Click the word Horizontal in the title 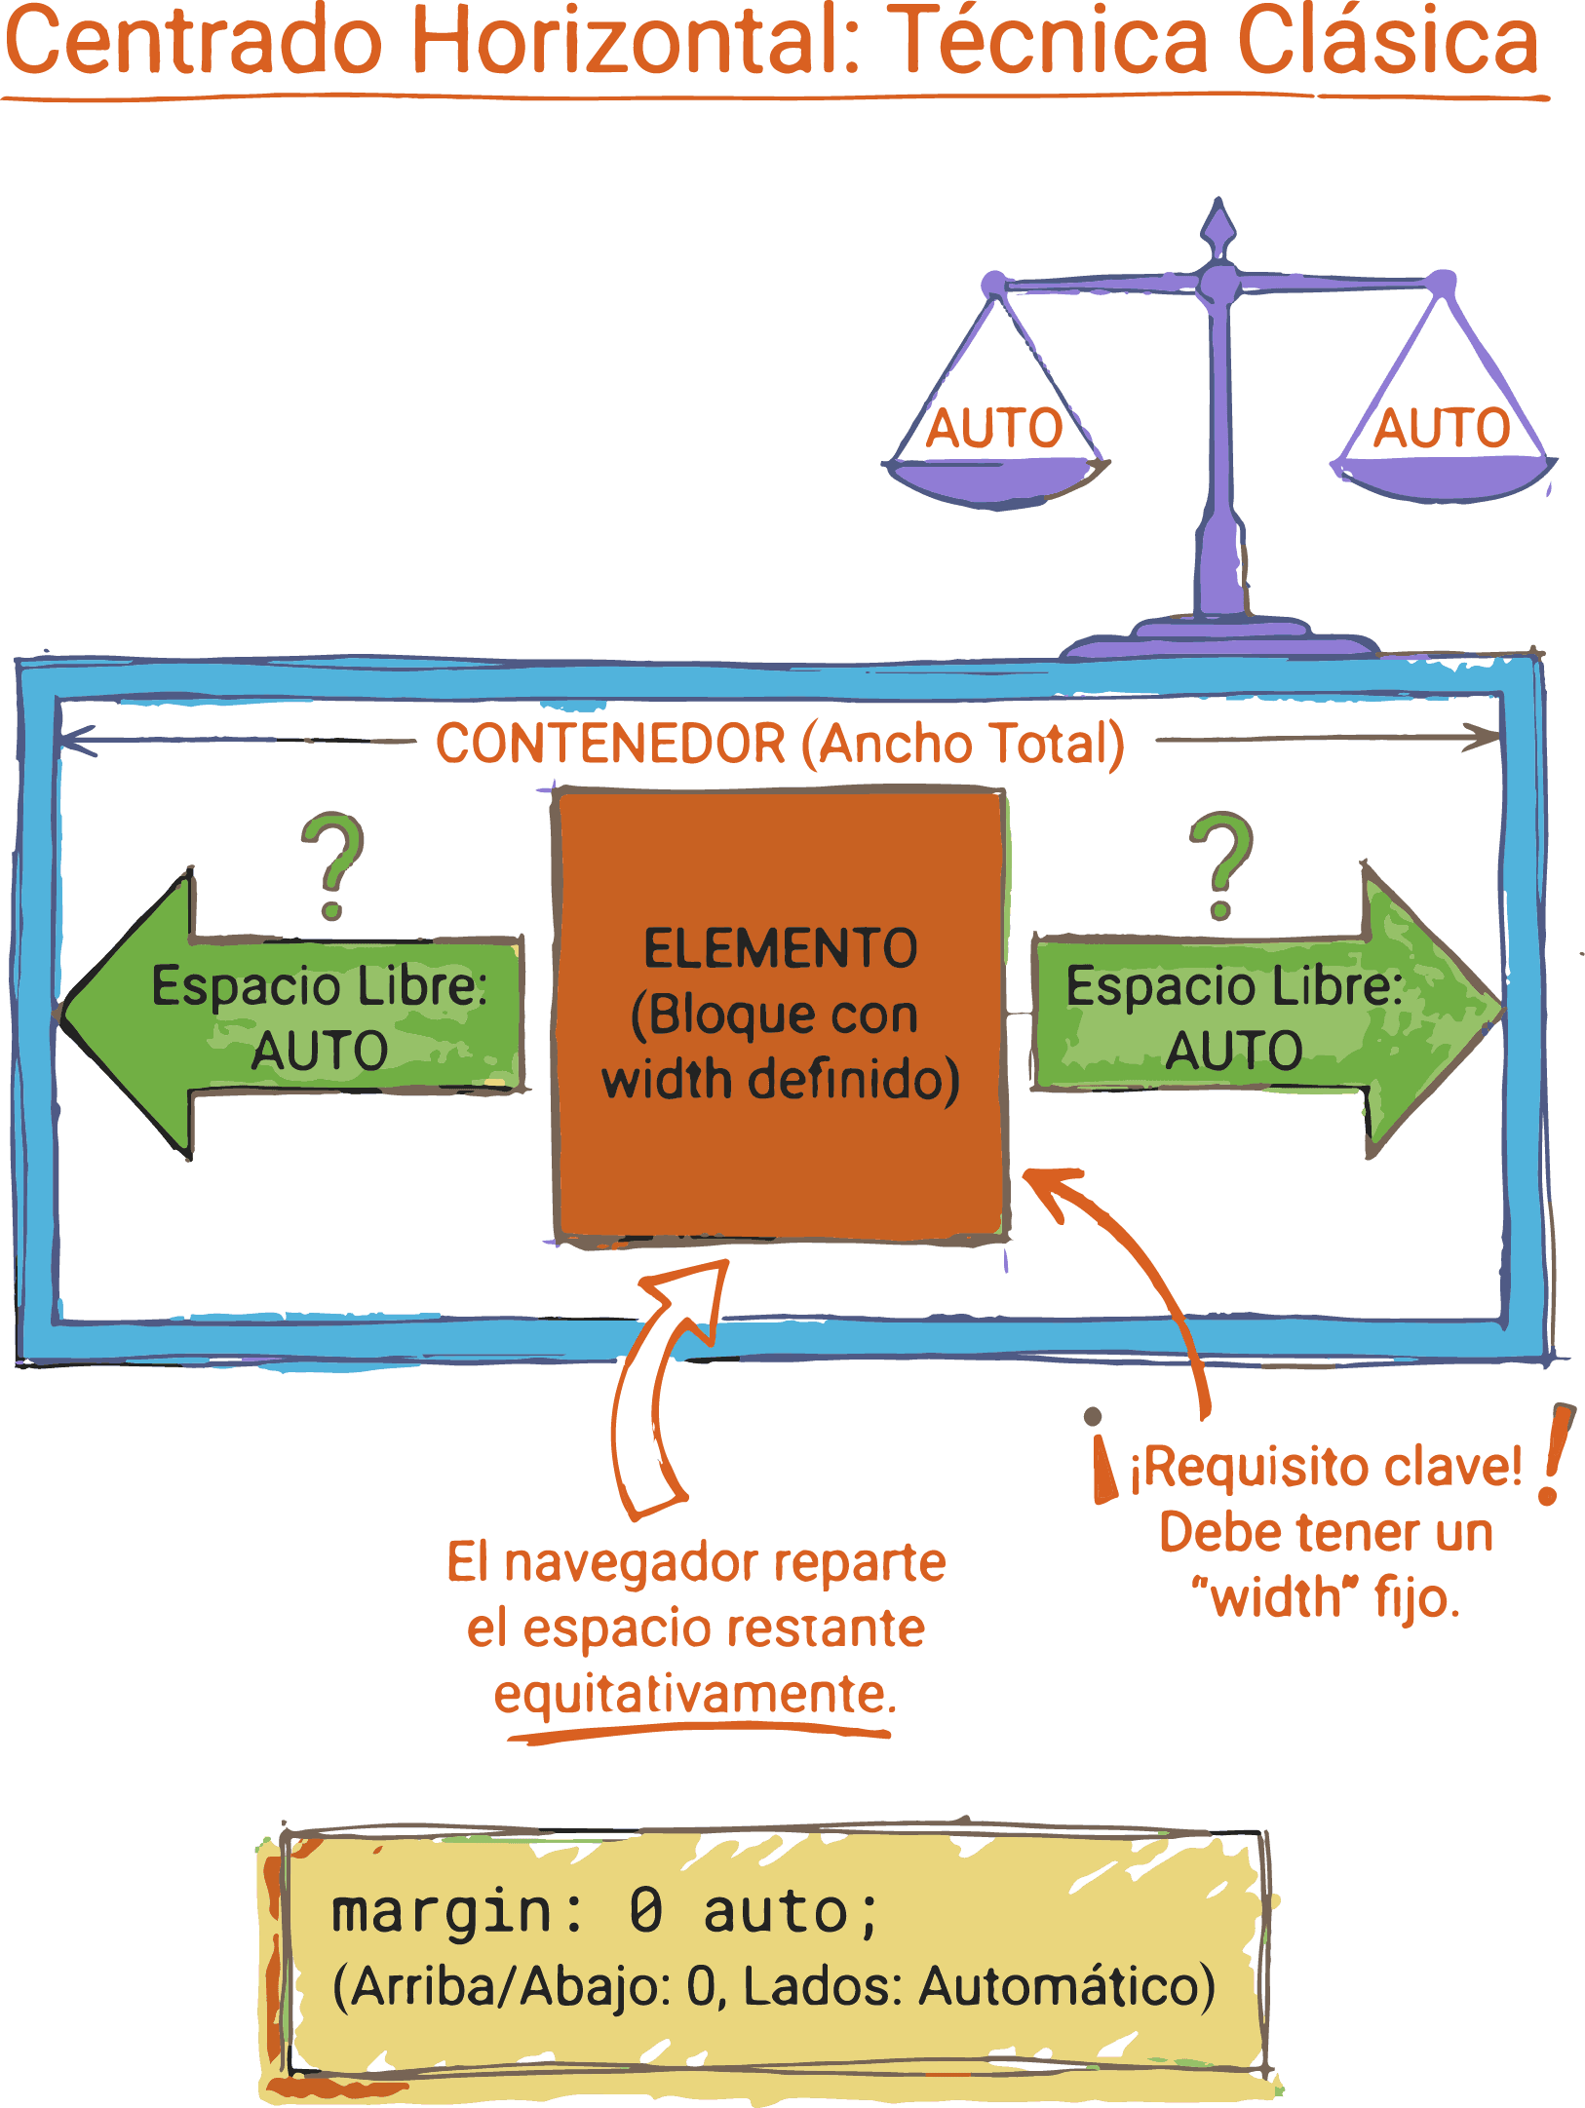click(634, 41)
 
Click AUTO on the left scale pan click(993, 429)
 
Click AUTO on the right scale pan click(1442, 429)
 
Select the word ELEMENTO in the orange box click(781, 948)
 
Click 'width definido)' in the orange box click(781, 1080)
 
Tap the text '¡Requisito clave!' click(1326, 1468)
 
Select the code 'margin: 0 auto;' click(604, 1912)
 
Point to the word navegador click(633, 1563)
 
